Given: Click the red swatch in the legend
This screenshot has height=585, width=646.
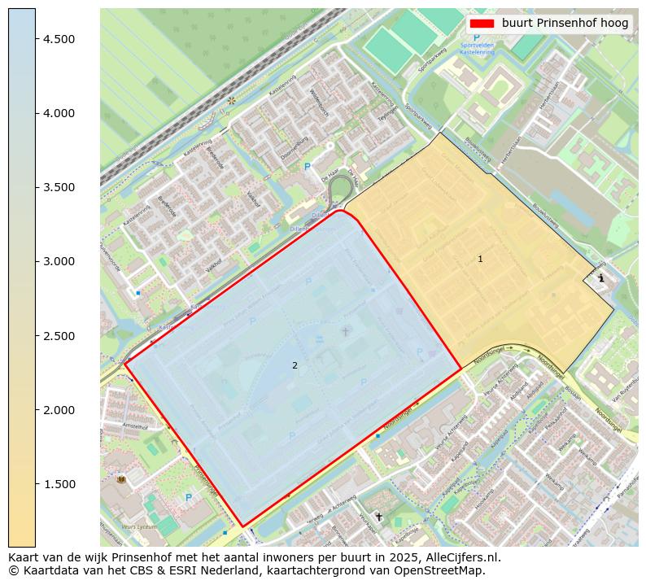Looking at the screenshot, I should (482, 24).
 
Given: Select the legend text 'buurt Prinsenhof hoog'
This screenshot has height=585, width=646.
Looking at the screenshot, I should (565, 24).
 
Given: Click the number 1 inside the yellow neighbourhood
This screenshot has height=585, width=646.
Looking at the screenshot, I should (480, 259).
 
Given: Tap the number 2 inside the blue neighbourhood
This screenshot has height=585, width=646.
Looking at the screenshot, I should (295, 365).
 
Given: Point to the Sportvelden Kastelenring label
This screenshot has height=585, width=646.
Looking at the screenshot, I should (477, 49).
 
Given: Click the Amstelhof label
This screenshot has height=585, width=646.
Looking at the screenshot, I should (134, 426).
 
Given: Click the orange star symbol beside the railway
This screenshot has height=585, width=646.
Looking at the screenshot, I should (232, 101).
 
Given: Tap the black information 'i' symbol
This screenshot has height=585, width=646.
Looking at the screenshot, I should (601, 278).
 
